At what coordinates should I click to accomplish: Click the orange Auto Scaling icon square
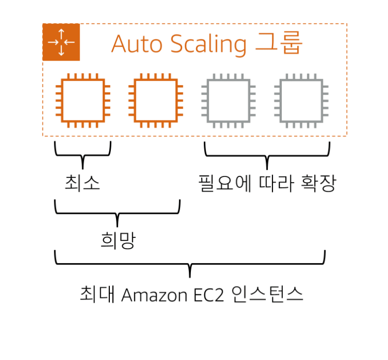[x=61, y=42]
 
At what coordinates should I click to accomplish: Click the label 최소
[x=82, y=183]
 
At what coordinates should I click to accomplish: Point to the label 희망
[x=118, y=240]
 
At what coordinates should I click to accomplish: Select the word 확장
[x=318, y=183]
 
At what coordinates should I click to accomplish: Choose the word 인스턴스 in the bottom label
[x=267, y=295]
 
